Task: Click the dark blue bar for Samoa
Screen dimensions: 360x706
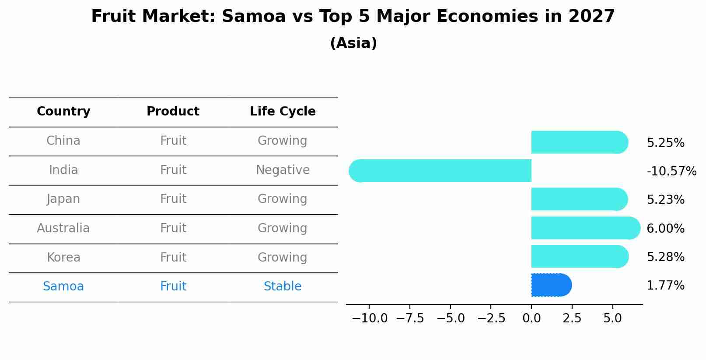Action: point(551,285)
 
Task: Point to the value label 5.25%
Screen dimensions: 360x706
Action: point(665,143)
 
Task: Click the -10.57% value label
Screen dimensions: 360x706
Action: point(671,171)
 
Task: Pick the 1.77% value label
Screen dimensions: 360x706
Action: point(665,286)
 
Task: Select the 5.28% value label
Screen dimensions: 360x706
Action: point(665,257)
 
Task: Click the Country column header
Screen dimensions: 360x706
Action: point(63,112)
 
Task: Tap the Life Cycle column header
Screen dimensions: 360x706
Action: point(283,112)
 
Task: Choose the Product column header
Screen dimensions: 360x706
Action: point(173,112)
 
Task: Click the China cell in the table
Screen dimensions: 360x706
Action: point(63,141)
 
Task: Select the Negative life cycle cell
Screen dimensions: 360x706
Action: point(283,170)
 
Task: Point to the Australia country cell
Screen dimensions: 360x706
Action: point(63,228)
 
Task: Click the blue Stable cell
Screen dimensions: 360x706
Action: point(283,287)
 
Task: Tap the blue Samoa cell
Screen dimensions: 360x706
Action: point(63,287)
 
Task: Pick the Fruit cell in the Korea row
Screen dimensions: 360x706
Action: point(173,258)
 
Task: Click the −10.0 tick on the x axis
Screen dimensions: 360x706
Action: point(370,318)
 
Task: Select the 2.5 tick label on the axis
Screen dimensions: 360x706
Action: point(572,318)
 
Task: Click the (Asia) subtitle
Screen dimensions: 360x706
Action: point(353,43)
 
